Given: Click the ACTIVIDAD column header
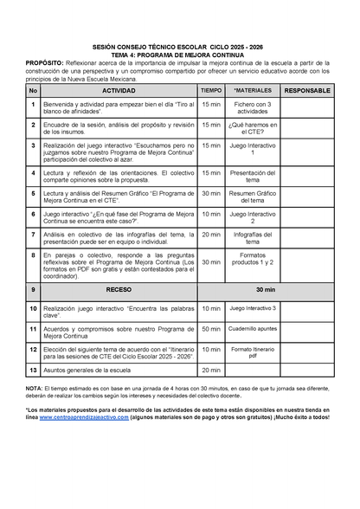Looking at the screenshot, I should (x=119, y=90).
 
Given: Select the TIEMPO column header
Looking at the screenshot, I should (x=211, y=90).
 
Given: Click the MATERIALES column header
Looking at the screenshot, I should (x=253, y=90).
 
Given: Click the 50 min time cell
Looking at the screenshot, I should (x=211, y=329).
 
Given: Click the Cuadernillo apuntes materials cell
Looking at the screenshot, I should (x=253, y=329).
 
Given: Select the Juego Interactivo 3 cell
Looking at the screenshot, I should (x=253, y=308).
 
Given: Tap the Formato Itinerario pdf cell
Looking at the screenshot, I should (x=253, y=352).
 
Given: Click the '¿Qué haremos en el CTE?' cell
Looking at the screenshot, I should (x=253, y=129).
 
